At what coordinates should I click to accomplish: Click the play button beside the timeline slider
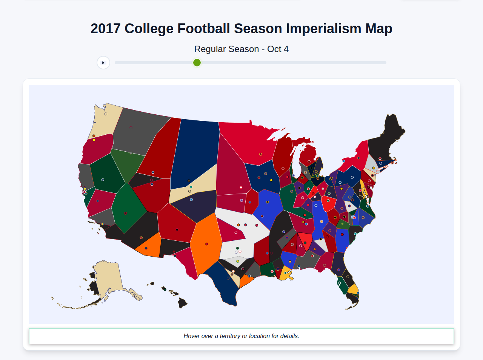click(103, 63)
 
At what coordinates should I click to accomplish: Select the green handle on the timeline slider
click(197, 63)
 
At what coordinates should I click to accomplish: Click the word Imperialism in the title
click(323, 29)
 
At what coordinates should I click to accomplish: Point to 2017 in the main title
click(105, 29)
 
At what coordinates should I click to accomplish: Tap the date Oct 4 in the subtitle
click(278, 49)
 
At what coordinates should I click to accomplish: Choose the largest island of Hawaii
click(183, 302)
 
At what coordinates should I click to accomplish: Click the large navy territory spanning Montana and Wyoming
click(194, 151)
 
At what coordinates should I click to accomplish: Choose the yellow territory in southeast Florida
click(354, 289)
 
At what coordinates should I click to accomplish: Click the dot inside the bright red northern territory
click(260, 154)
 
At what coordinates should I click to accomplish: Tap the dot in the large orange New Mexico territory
click(207, 244)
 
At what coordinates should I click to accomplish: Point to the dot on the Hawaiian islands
click(165, 289)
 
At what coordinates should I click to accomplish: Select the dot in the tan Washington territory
click(106, 114)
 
